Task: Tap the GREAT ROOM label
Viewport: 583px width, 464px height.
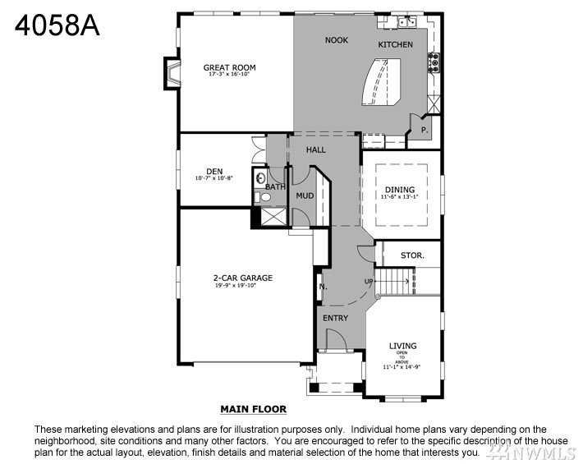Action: pyautogui.click(x=229, y=68)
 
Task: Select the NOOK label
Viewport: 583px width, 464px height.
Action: pyautogui.click(x=337, y=40)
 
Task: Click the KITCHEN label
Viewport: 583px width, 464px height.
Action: pyautogui.click(x=395, y=44)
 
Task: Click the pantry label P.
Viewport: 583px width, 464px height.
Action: pyautogui.click(x=425, y=130)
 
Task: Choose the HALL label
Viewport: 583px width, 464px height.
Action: pyautogui.click(x=316, y=150)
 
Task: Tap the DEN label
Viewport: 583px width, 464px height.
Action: pyautogui.click(x=214, y=172)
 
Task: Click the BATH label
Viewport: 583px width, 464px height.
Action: pyautogui.click(x=275, y=187)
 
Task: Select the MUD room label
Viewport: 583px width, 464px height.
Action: pyautogui.click(x=305, y=195)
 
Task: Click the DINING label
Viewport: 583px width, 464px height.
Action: pyautogui.click(x=400, y=190)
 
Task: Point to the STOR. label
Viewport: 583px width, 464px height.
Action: pyautogui.click(x=412, y=255)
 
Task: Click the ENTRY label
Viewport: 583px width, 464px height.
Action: pyautogui.click(x=335, y=318)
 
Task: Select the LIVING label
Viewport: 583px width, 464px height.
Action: pyautogui.click(x=402, y=346)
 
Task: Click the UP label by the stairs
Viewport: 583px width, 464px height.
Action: pyautogui.click(x=370, y=283)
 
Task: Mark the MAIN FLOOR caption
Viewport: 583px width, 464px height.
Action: pyautogui.click(x=253, y=408)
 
